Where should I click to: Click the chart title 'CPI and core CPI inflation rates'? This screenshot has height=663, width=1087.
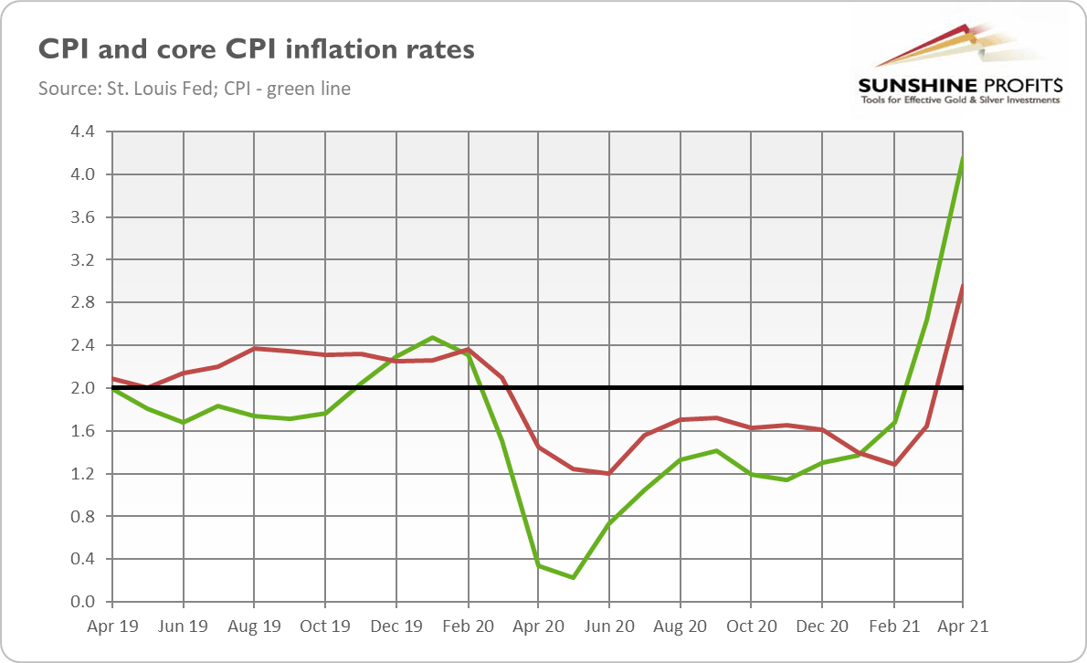(256, 48)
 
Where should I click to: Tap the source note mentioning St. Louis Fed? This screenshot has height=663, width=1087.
(195, 89)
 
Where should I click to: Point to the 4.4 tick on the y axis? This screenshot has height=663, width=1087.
(82, 132)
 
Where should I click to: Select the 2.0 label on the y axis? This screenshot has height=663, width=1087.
(82, 388)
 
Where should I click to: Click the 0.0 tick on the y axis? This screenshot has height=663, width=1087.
(82, 602)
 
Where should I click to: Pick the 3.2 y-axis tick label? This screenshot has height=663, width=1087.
(82, 260)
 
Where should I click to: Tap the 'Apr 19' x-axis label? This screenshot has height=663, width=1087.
(112, 627)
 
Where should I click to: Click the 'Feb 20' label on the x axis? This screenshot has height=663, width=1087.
(468, 627)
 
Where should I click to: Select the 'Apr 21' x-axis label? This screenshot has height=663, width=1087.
(964, 627)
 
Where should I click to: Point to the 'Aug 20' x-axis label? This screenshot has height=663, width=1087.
(681, 627)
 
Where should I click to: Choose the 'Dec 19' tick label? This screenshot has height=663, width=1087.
(396, 627)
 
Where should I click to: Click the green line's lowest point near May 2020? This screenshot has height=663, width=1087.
(574, 577)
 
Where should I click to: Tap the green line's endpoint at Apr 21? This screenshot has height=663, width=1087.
(964, 157)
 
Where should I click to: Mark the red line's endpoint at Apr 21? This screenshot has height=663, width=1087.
(964, 284)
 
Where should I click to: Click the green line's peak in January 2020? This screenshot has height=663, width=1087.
(432, 337)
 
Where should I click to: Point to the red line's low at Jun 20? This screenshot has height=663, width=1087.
(609, 473)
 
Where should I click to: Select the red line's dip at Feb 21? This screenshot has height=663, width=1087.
(893, 464)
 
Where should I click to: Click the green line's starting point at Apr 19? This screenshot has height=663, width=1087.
(112, 389)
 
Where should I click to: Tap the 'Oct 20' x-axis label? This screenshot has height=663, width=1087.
(751, 627)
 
